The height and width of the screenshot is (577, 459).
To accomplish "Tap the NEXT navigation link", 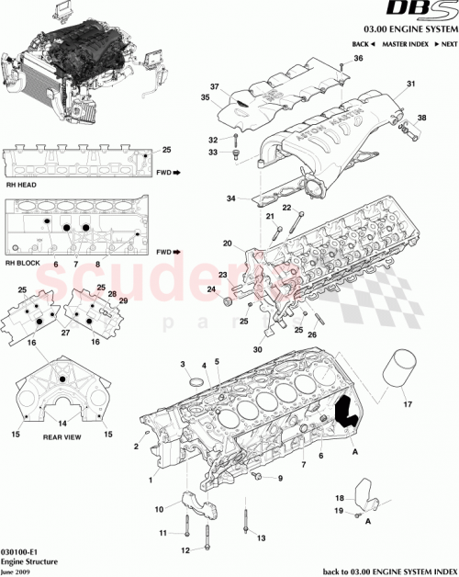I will click(x=446, y=44).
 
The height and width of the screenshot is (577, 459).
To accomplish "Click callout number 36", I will click(x=358, y=59).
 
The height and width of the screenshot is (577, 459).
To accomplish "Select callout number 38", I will click(x=422, y=118).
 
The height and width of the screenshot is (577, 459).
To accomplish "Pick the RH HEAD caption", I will click(x=21, y=184).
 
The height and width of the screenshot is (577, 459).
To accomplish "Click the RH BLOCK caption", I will click(x=24, y=263).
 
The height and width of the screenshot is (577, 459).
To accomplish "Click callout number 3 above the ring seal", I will click(x=183, y=365).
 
